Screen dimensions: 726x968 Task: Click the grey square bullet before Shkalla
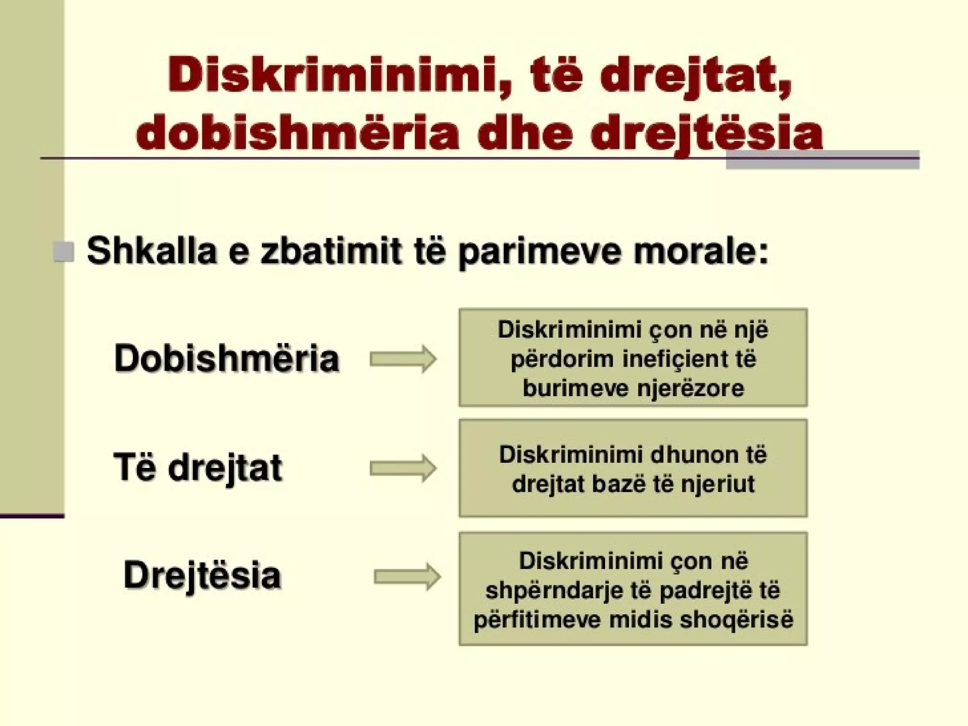point(64,251)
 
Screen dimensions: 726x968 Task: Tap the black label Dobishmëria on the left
point(227,358)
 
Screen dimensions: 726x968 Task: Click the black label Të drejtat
point(198,467)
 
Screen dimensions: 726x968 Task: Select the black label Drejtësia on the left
point(202,575)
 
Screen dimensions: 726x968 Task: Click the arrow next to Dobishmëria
point(403,359)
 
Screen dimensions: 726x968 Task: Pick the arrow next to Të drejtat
point(403,468)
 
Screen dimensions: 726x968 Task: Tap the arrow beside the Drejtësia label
point(407,577)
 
